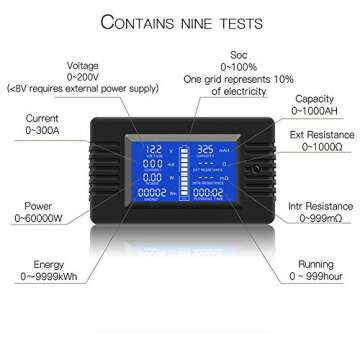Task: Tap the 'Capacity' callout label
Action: click(317, 100)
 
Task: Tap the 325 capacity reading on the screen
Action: click(207, 149)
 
